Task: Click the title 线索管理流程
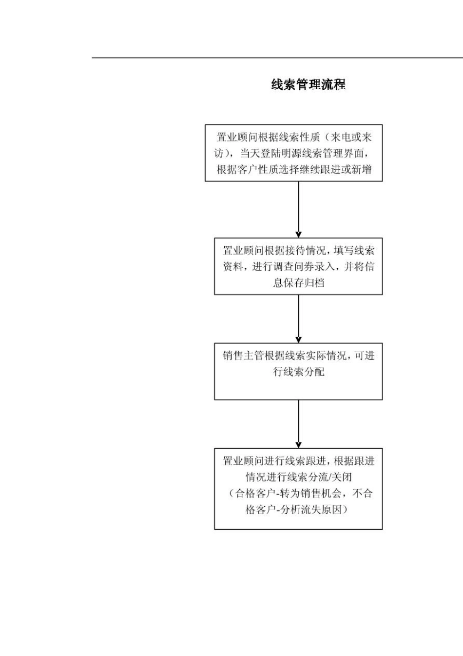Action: click(x=308, y=85)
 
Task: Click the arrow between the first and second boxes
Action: click(x=298, y=210)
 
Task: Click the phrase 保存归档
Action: click(x=298, y=283)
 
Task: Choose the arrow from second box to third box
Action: click(x=298, y=319)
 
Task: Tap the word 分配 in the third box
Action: click(x=314, y=372)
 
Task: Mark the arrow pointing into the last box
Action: click(x=298, y=424)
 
